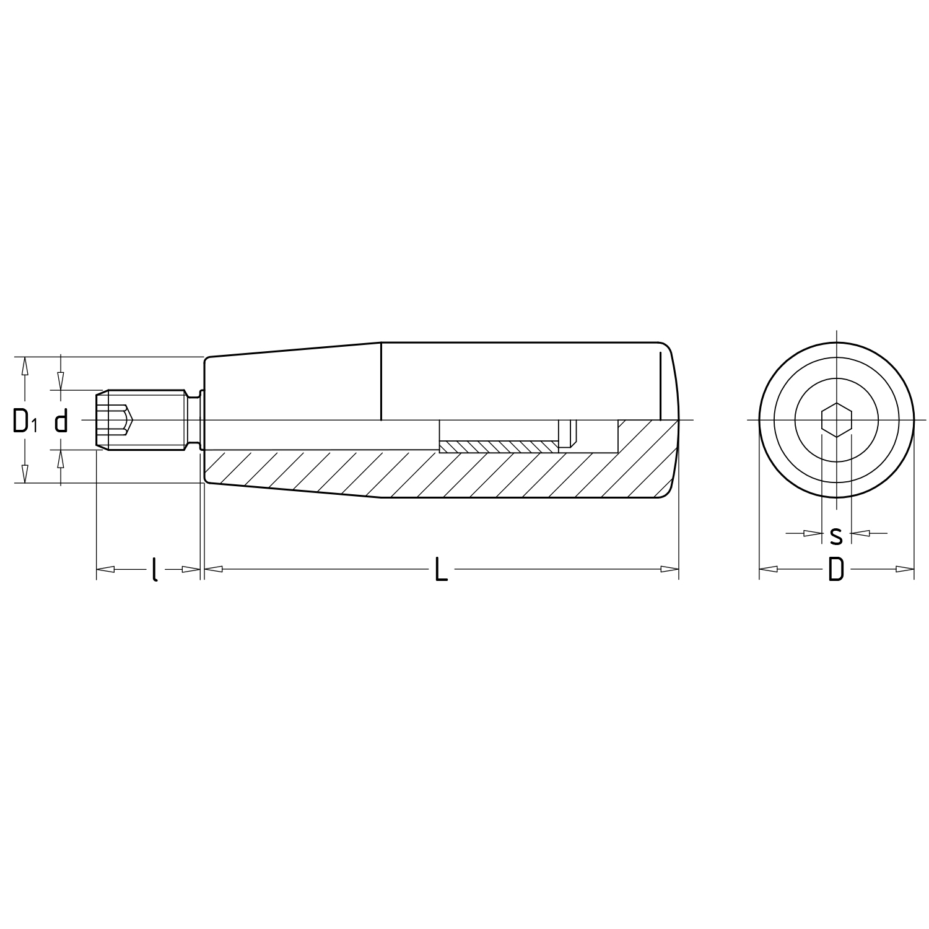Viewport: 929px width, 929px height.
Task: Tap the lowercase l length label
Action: tap(154, 569)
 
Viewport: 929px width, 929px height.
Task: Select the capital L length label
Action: tap(440, 569)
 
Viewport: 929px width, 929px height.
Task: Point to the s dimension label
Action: tap(836, 534)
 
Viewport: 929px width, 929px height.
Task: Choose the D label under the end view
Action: tap(836, 569)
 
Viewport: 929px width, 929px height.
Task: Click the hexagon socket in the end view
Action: tap(836, 421)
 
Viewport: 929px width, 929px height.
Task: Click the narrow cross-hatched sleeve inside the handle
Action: tap(499, 447)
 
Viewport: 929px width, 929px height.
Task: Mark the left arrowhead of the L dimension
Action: tap(213, 569)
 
